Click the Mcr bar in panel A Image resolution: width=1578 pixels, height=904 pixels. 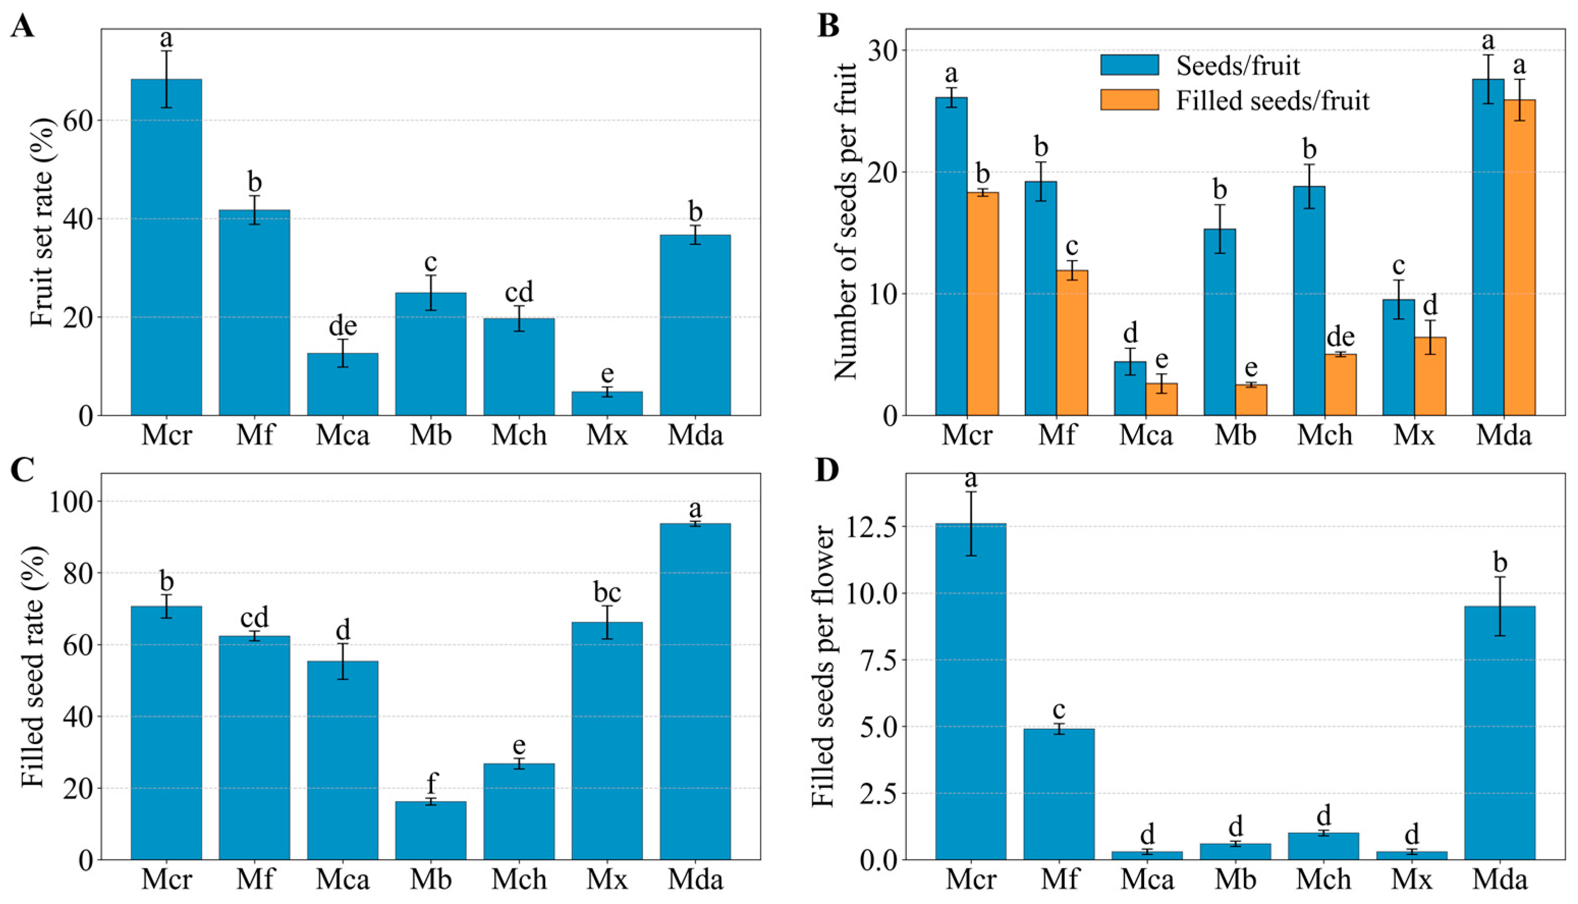coord(167,247)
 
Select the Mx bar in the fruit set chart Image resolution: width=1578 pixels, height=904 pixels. coord(607,403)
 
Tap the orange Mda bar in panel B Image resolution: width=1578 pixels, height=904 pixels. coord(1519,258)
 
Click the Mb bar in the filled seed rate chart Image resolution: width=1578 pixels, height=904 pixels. coord(431,831)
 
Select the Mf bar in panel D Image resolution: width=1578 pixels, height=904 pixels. coord(1059,794)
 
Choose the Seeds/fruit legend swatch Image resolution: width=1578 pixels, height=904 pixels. coord(1130,65)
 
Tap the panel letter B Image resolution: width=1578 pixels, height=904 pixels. coord(829,26)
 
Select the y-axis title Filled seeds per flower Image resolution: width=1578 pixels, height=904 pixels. coord(824,666)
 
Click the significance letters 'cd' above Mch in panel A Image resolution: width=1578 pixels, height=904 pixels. coord(519,292)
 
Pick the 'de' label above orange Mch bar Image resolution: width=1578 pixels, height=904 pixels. coord(1340,337)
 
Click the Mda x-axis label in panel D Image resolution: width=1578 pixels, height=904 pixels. coord(1504,879)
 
